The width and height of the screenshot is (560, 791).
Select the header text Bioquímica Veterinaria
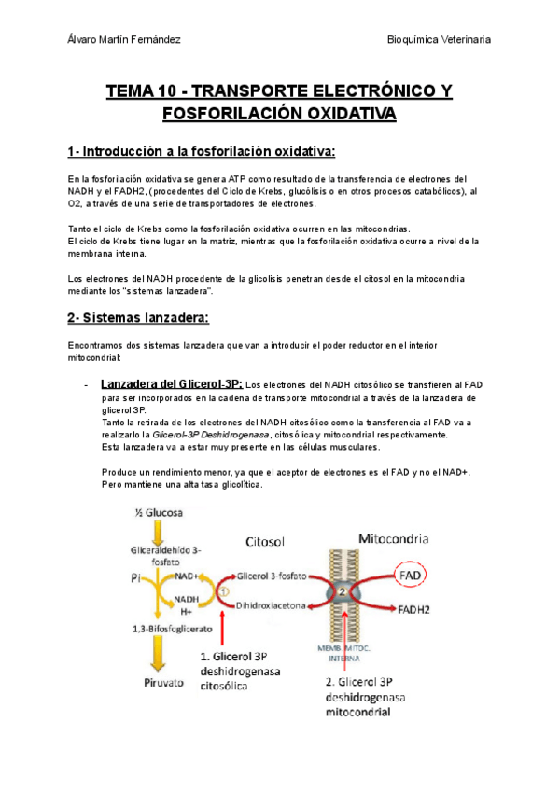pos(439,41)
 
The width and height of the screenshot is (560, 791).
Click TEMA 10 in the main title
pos(142,91)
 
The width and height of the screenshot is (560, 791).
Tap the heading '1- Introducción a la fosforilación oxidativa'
pos(202,151)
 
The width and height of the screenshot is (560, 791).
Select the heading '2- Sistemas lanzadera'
pos(138,317)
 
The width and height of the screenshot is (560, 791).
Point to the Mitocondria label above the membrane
pos(394,538)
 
